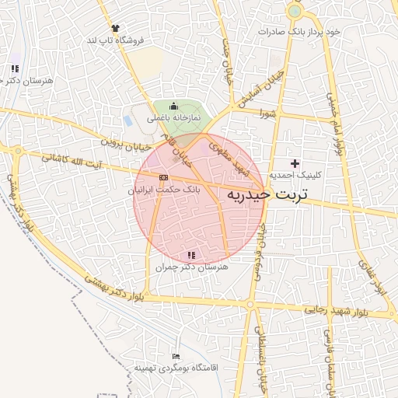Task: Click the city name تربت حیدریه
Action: pyautogui.click(x=267, y=194)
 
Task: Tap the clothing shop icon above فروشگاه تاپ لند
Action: pyautogui.click(x=115, y=27)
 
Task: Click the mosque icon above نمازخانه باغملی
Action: pyautogui.click(x=173, y=106)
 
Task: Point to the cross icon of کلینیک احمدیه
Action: pyautogui.click(x=294, y=163)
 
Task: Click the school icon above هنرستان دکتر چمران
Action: pyautogui.click(x=191, y=255)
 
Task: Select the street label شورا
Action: pyautogui.click(x=268, y=113)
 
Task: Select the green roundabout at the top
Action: pyautogui.click(x=294, y=12)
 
